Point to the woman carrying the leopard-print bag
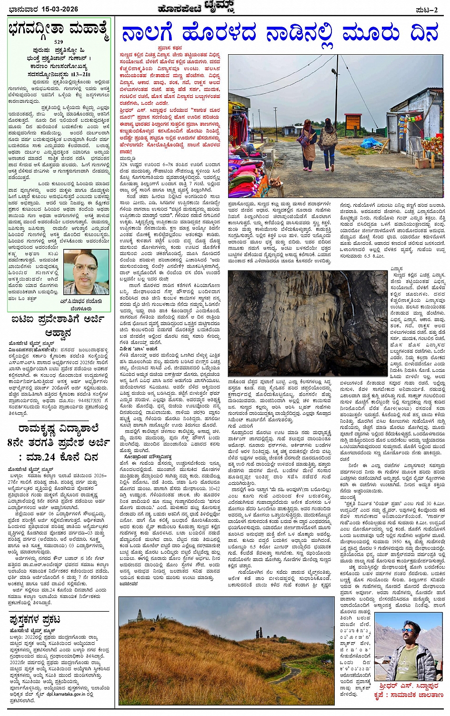point(329,143)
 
